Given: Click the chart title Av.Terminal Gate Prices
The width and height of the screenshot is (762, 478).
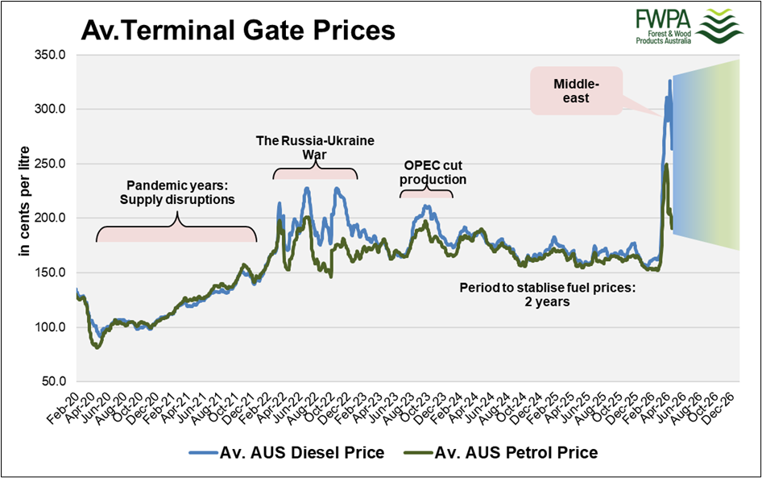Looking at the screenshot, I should (x=238, y=30).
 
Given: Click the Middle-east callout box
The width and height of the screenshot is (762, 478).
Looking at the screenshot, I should (x=577, y=90).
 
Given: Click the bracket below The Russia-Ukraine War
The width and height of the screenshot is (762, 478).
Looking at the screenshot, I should (x=315, y=171).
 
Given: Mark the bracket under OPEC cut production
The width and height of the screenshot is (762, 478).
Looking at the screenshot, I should (x=427, y=193).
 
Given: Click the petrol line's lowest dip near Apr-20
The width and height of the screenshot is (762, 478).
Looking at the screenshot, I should (x=97, y=347).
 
